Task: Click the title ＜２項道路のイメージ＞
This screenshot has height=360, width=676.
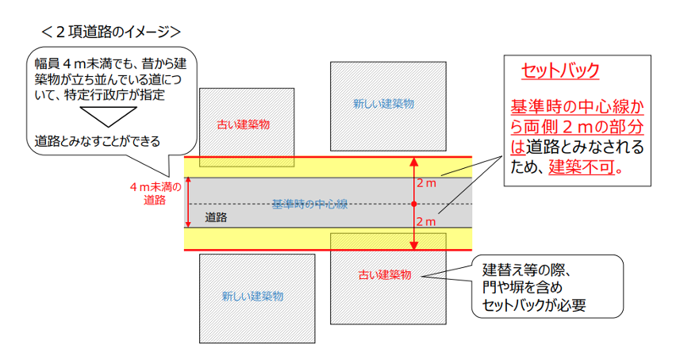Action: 112,31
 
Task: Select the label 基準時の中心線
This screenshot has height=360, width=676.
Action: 309,204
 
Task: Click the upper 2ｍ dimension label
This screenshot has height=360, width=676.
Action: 426,184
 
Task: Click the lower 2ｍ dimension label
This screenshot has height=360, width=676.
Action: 426,222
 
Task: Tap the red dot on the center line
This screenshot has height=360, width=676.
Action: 413,204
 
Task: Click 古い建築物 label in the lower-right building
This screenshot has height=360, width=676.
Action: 383,275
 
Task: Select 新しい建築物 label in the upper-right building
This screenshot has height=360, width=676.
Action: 383,104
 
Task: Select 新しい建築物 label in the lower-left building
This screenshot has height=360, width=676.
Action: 252,297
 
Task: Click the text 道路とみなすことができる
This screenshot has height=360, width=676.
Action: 98,141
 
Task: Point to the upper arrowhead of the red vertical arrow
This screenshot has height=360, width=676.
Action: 413,161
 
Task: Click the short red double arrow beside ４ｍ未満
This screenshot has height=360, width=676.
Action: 187,203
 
